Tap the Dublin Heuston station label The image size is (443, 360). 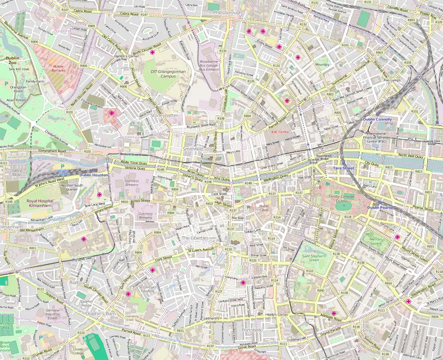pyautogui.click(x=94, y=175)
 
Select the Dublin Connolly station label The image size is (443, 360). pyautogui.click(x=377, y=119)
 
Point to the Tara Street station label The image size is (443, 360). pyautogui.click(x=343, y=168)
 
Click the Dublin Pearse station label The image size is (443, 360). pyautogui.click(x=380, y=208)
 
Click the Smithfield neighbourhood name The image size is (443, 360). pyautogui.click(x=193, y=150)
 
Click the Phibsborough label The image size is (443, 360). pyautogui.click(x=228, y=12)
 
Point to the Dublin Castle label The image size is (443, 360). pyautogui.click(x=264, y=209)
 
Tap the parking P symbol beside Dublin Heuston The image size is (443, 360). pyautogui.click(x=63, y=167)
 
